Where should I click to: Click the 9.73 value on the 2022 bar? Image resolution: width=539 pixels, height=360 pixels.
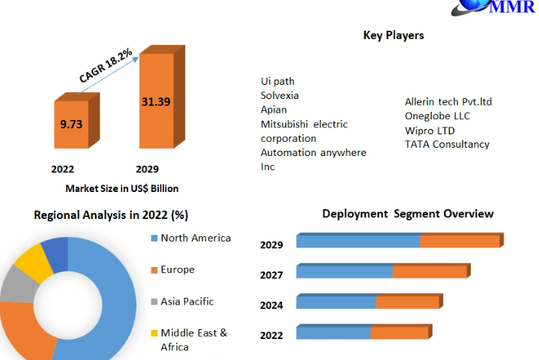71,124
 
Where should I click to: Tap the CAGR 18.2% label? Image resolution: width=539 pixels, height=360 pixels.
106,65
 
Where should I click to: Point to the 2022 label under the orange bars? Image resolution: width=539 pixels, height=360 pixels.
62,169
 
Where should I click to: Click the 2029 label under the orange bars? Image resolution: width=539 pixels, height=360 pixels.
147,169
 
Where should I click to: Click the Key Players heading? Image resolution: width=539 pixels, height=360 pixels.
394,35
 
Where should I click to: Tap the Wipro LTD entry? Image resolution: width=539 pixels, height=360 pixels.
430,130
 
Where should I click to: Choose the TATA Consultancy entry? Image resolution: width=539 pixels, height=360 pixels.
447,144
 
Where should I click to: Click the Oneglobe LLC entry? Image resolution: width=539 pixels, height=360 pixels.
437,115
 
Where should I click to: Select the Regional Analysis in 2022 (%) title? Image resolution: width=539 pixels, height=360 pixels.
110,215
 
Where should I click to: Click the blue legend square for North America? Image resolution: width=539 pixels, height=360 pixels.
154,238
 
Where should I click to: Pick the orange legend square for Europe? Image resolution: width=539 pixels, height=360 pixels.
154,270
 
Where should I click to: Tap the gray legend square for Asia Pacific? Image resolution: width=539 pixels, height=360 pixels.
154,301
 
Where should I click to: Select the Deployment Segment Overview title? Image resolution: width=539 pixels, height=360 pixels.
408,214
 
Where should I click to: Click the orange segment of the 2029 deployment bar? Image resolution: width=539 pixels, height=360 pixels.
459,241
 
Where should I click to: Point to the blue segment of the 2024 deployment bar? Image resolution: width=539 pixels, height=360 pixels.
336,302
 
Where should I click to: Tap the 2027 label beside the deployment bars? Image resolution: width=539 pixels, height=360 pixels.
271,275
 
